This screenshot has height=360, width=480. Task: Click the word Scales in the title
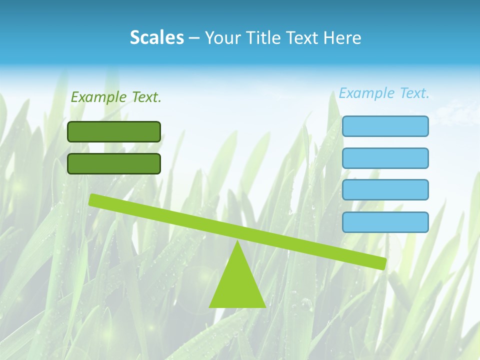click(156, 37)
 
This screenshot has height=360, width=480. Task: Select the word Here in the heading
click(342, 37)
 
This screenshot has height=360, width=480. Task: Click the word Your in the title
click(223, 37)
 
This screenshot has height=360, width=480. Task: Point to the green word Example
click(99, 97)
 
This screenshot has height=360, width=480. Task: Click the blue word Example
click(367, 93)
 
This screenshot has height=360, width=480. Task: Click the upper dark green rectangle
click(114, 131)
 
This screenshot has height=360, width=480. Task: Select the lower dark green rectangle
click(114, 163)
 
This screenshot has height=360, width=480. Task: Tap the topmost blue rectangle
click(385, 126)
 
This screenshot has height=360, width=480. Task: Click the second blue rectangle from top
click(385, 158)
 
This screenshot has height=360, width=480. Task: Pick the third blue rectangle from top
click(385, 190)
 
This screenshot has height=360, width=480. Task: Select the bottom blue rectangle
click(385, 222)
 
